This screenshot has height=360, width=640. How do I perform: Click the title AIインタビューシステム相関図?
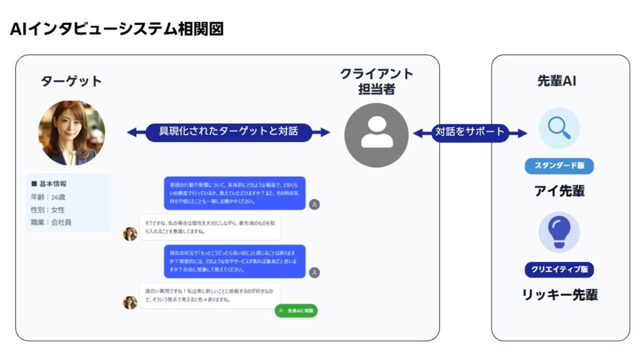(116, 29)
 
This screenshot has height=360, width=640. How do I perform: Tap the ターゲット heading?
(71, 81)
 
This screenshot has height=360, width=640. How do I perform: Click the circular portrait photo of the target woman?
(71, 133)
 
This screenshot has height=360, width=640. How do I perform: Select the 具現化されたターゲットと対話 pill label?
(228, 131)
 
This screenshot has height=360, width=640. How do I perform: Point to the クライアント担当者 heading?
(377, 82)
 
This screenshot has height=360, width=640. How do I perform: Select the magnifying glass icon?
(559, 129)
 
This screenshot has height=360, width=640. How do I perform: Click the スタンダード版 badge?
(559, 165)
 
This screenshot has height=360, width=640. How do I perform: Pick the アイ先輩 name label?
(559, 191)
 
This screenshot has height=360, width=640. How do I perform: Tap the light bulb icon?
(559, 232)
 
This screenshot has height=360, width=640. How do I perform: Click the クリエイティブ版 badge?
(559, 269)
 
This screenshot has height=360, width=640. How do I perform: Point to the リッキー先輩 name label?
(559, 294)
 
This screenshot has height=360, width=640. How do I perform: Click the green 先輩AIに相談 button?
(296, 310)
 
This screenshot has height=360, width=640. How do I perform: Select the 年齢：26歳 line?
(48, 197)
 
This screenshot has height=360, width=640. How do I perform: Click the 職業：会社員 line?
(51, 222)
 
